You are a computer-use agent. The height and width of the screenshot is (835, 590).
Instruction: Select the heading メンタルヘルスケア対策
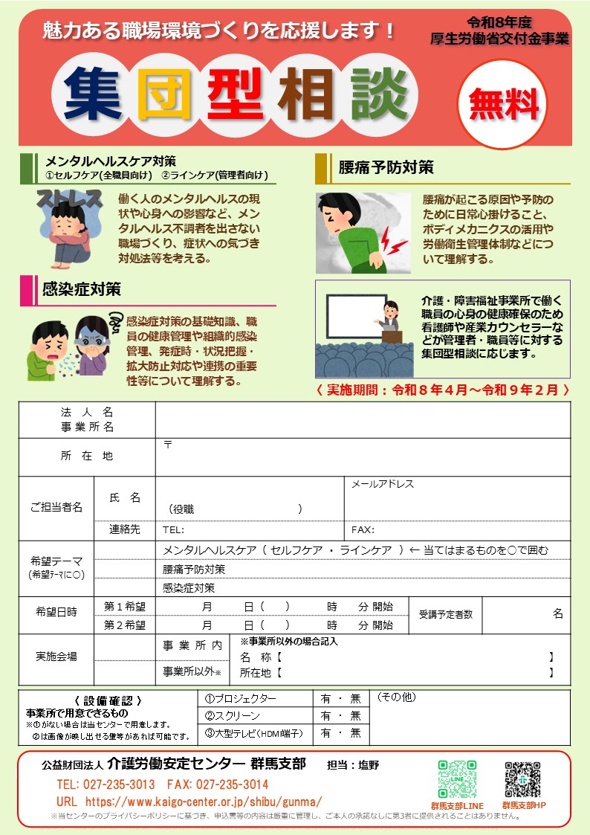point(111,161)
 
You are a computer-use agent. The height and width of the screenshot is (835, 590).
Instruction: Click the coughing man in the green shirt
point(48,348)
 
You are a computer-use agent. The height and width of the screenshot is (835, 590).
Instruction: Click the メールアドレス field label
point(383,484)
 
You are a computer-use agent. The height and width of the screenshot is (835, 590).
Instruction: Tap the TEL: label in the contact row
point(173,531)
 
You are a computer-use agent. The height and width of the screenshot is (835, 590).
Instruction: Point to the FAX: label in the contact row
point(363,531)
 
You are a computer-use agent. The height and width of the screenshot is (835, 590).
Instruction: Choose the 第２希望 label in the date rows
point(124,625)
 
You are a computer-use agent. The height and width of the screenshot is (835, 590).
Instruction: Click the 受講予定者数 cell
point(445,615)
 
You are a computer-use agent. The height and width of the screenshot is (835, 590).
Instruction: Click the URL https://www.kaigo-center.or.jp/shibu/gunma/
point(189,802)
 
